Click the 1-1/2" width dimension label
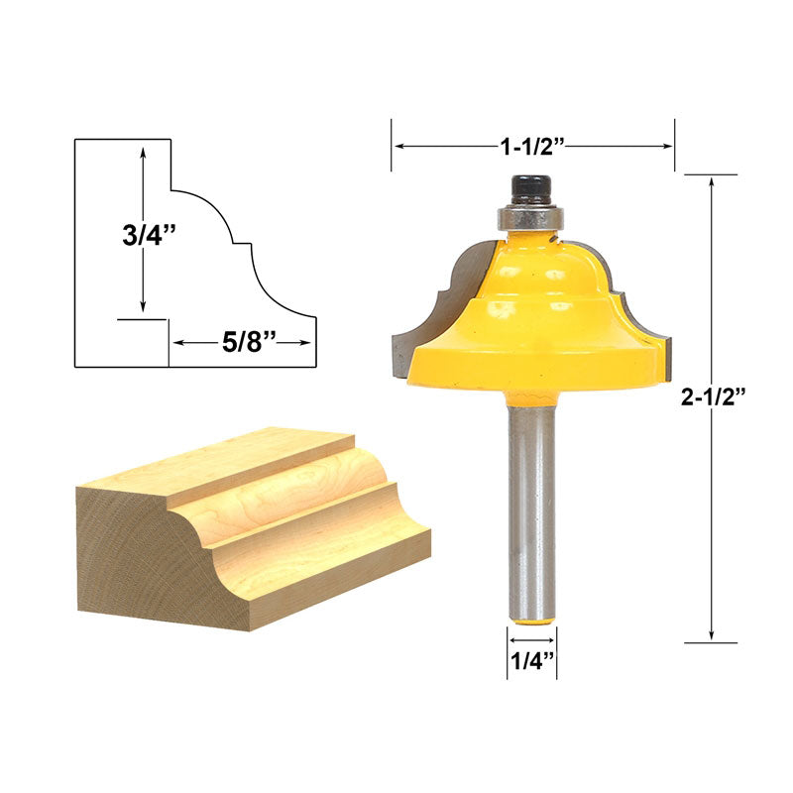pyautogui.click(x=531, y=146)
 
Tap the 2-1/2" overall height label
pyautogui.click(x=713, y=396)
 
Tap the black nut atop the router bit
pyautogui.click(x=531, y=189)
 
